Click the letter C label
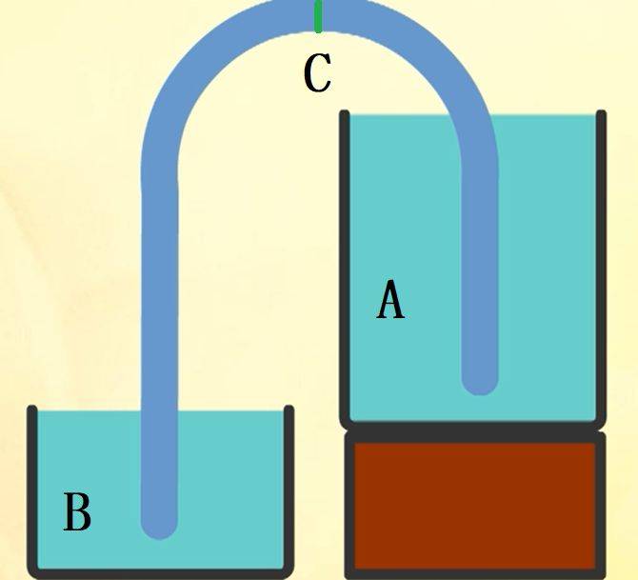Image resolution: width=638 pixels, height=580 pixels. [x=318, y=72]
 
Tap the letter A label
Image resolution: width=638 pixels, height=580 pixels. [x=390, y=299]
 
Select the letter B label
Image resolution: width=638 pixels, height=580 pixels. [x=77, y=511]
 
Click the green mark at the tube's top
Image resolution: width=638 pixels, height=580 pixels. [x=319, y=16]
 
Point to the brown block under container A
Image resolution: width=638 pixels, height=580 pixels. [x=475, y=506]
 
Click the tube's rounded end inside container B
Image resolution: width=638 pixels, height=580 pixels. [x=160, y=530]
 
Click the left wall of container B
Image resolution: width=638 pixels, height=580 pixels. [x=32, y=489]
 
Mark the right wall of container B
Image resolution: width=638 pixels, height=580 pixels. [x=289, y=489]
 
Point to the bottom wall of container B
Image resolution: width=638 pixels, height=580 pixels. [x=160, y=574]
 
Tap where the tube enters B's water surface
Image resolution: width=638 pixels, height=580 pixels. [x=160, y=411]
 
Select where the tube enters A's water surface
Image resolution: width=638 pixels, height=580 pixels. [x=475, y=115]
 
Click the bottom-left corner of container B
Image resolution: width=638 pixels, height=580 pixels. [x=30, y=574]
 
